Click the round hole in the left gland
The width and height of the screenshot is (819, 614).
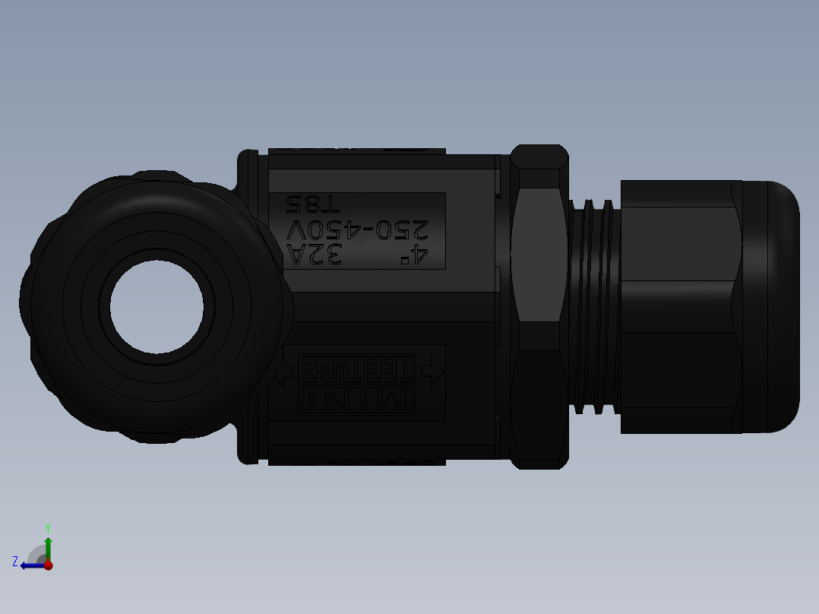(x=157, y=306)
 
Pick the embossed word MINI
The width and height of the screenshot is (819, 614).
(x=356, y=400)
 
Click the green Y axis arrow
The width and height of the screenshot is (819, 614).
(x=48, y=547)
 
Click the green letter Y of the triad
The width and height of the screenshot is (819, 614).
(x=47, y=527)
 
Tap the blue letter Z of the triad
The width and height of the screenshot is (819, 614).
(x=15, y=561)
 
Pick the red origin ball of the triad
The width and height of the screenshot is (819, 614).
(x=49, y=565)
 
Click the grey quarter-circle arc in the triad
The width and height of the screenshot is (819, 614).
(x=35, y=553)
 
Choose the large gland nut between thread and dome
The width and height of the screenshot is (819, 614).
(x=680, y=306)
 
